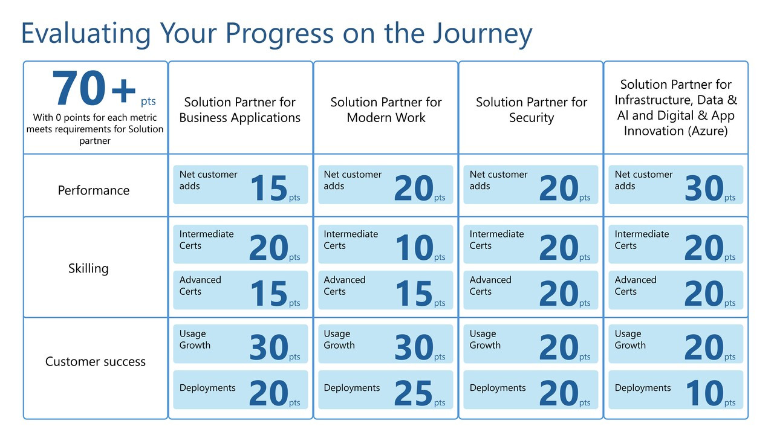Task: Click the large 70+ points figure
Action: coord(94,89)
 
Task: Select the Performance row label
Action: coord(94,190)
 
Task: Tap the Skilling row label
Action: coord(88,268)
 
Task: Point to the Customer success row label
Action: coord(96,362)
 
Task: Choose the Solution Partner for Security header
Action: coord(531,110)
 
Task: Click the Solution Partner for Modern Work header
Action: coord(386,110)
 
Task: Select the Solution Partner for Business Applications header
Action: coord(240,110)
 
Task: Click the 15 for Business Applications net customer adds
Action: coord(268,188)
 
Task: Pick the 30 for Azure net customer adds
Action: coord(704,188)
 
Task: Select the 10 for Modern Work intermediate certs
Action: coord(414,248)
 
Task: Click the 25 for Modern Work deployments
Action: coord(414,394)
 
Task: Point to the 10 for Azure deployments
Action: coord(704,394)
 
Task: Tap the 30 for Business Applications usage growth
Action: coord(268,348)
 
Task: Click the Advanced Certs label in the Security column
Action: coord(490,286)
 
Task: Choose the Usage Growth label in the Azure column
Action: coord(629,340)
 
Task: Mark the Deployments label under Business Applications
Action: coord(207,388)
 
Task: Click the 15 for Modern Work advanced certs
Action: coord(414,294)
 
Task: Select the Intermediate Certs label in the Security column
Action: coord(496,240)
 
